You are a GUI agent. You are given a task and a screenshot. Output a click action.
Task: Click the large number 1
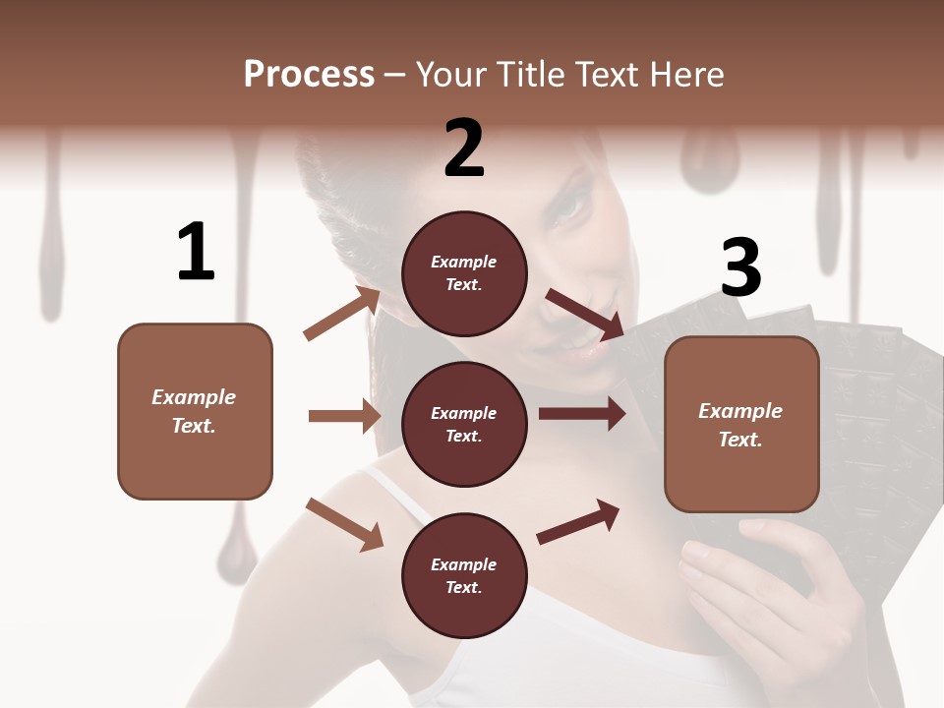tap(196, 252)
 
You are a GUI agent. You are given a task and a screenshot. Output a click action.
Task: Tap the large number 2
tap(464, 147)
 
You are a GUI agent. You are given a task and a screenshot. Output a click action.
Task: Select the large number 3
tap(741, 267)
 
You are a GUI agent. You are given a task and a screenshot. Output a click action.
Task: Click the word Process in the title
tap(309, 74)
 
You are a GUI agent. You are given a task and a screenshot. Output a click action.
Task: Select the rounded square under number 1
tap(195, 411)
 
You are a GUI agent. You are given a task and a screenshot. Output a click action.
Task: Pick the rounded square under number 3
tap(741, 425)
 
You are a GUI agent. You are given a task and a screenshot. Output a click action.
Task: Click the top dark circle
tap(464, 273)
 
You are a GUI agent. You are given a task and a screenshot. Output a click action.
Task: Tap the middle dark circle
tap(464, 424)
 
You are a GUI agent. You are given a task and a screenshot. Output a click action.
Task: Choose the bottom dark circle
tap(464, 575)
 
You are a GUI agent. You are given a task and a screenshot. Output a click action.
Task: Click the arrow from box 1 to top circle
tap(342, 314)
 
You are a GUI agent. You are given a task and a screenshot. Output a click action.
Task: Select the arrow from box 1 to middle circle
tap(344, 416)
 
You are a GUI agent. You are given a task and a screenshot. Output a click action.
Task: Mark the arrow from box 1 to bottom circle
tap(344, 523)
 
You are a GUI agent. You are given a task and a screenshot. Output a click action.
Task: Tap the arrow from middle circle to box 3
tap(581, 414)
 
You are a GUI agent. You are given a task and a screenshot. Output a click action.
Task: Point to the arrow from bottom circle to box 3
tap(578, 521)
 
